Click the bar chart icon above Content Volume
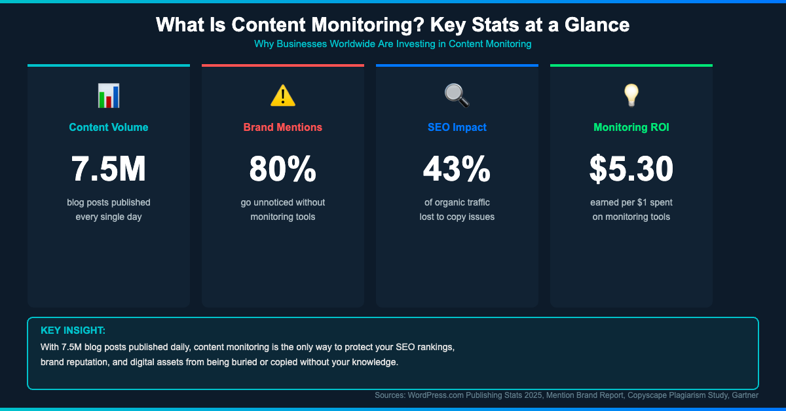[x=109, y=96]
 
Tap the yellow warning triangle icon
[x=283, y=96]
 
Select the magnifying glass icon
[x=457, y=96]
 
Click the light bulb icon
[x=631, y=96]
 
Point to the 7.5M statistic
[x=109, y=169]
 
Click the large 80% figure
[x=283, y=169]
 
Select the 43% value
[x=457, y=169]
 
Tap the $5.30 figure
[x=631, y=169]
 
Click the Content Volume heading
[x=109, y=128]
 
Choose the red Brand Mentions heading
[x=283, y=128]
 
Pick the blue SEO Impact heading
[x=457, y=128]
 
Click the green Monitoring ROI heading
[x=631, y=128]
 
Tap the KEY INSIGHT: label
[x=73, y=331]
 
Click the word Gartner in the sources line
[x=743, y=395]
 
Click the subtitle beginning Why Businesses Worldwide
[x=393, y=45]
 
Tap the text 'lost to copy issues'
[x=457, y=217]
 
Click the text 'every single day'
[x=109, y=217]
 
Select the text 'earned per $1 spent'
[x=631, y=202]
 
